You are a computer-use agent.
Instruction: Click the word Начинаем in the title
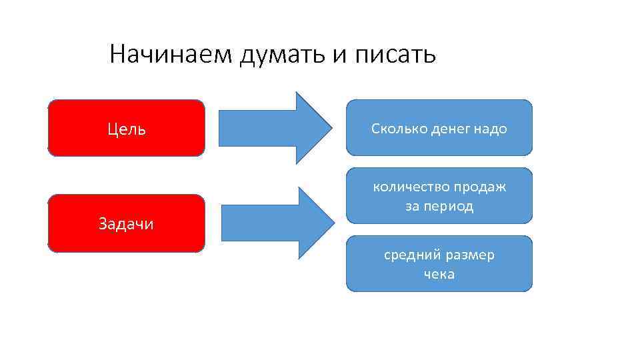[x=171, y=54]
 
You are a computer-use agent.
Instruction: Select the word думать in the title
[x=283, y=54]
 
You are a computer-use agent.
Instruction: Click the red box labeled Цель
[x=127, y=128]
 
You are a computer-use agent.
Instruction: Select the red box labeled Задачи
[x=127, y=223]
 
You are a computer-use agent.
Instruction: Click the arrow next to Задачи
[x=277, y=223]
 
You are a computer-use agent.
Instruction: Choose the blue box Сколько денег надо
[x=439, y=127]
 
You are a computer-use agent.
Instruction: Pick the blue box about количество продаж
[x=439, y=196]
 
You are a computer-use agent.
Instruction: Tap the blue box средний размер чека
[x=439, y=264]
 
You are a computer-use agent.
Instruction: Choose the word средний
[x=409, y=255]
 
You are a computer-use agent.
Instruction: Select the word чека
[x=439, y=274]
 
